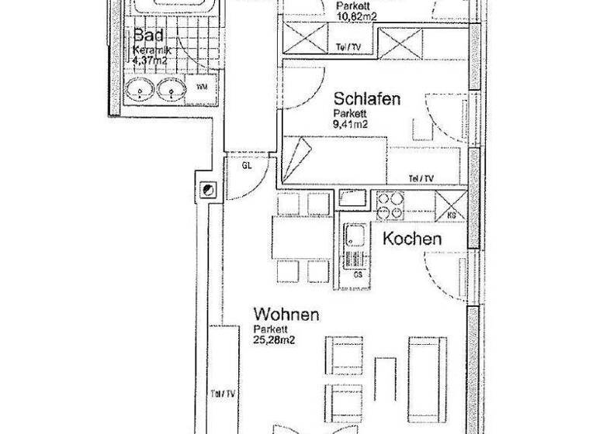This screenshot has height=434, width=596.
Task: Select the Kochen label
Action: point(412,239)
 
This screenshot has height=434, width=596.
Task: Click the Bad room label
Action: point(147,36)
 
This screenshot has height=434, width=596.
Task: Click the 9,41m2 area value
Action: point(352,122)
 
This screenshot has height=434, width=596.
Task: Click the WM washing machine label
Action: point(202,86)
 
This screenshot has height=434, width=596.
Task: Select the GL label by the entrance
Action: point(247,166)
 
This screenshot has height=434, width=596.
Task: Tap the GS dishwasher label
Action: point(358,274)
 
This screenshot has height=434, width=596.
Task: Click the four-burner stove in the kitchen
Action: point(390,205)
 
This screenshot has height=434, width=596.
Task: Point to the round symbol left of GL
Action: point(209,189)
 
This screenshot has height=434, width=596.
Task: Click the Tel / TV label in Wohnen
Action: point(223,393)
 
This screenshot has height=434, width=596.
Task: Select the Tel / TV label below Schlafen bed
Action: point(421,178)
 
